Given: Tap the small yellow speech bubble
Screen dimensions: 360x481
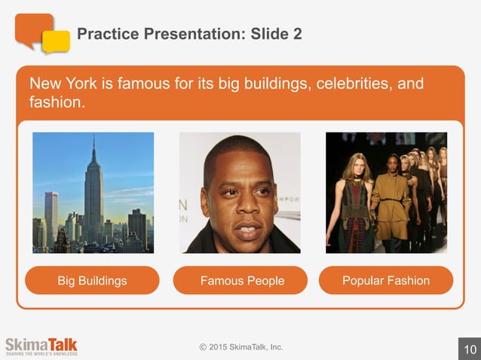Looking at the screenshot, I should pyautogui.click(x=56, y=42).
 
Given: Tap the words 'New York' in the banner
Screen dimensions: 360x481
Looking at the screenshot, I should pyautogui.click(x=59, y=82).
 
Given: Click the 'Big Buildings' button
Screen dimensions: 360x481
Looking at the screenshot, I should pyautogui.click(x=92, y=281).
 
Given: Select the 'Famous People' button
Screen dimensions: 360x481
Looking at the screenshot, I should pyautogui.click(x=242, y=281).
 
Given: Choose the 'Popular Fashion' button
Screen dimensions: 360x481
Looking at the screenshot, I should pyautogui.click(x=386, y=281).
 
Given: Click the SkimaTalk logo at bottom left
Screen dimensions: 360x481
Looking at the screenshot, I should pyautogui.click(x=41, y=346).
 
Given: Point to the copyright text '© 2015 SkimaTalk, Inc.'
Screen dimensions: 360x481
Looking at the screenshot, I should pyautogui.click(x=241, y=346).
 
